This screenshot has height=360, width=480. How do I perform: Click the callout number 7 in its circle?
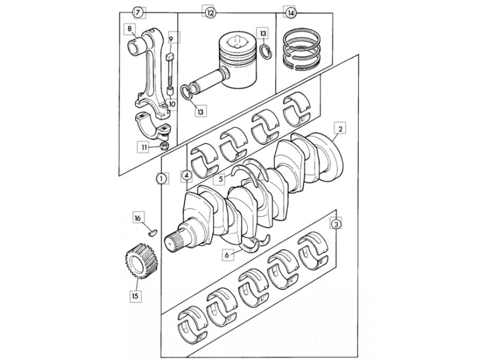(x=138, y=13)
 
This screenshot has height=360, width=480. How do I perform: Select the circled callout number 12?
(x=209, y=13)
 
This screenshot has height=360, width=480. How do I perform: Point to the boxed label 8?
(x=130, y=29)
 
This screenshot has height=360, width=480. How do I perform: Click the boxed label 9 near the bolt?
(x=171, y=39)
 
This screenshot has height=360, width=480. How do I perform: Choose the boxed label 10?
(x=172, y=104)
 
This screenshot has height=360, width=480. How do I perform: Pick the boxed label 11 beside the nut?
(x=144, y=148)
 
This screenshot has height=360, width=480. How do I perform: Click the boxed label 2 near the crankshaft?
(x=340, y=128)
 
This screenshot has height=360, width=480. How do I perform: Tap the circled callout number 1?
(x=162, y=178)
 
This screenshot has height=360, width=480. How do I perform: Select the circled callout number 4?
(x=187, y=176)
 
